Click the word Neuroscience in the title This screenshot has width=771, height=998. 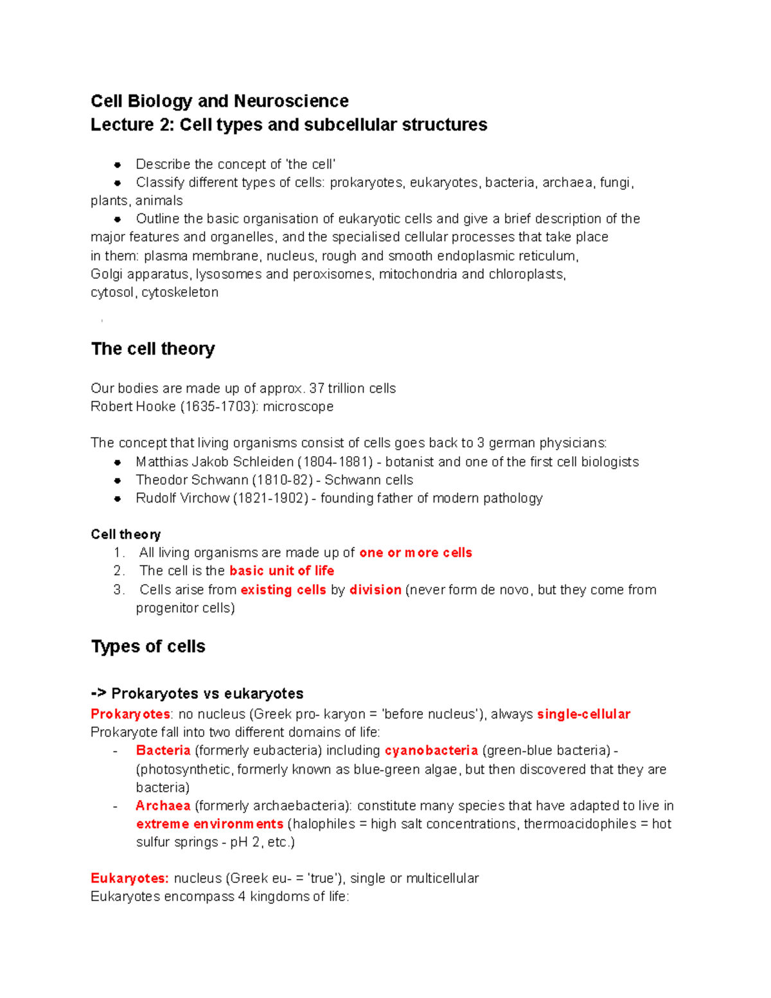291,101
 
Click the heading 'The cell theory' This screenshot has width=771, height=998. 153,349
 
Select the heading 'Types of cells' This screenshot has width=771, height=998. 148,646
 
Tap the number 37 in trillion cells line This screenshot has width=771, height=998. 317,388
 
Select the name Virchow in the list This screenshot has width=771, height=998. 206,498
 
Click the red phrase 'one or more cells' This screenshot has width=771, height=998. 416,553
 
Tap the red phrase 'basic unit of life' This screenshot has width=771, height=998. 281,571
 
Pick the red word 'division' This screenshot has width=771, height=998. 375,590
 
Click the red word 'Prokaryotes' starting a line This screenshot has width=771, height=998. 130,714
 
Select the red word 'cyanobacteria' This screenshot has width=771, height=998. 431,751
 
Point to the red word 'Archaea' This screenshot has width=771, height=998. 163,806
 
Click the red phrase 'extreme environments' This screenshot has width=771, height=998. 209,824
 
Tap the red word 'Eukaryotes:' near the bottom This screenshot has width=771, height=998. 130,878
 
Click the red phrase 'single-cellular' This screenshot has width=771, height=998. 583,714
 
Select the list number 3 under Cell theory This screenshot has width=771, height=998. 118,590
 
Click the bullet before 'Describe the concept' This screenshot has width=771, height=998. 118,165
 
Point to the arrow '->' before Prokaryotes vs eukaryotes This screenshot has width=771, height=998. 98,694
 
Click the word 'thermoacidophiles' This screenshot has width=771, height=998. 580,824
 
